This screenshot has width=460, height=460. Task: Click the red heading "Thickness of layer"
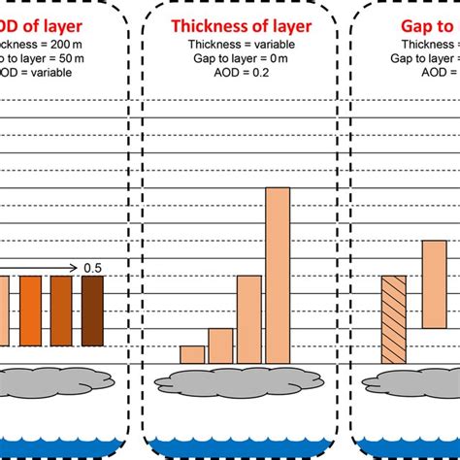(242, 27)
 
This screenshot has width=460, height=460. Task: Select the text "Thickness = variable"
(242, 45)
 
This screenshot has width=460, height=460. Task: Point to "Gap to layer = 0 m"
(242, 58)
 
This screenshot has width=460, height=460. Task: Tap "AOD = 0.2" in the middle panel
(242, 72)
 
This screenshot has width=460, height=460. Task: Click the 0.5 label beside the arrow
(92, 268)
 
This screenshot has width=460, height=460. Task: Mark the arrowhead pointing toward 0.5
(74, 268)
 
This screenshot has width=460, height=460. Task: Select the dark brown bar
(92, 311)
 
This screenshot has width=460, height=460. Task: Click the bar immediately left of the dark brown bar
(62, 311)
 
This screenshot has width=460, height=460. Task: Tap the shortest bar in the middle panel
(192, 354)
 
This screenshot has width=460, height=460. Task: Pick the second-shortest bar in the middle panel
(220, 345)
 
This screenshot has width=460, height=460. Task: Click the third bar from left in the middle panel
(249, 319)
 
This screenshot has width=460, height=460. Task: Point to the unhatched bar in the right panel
(434, 284)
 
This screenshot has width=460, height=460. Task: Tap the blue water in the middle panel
(242, 448)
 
